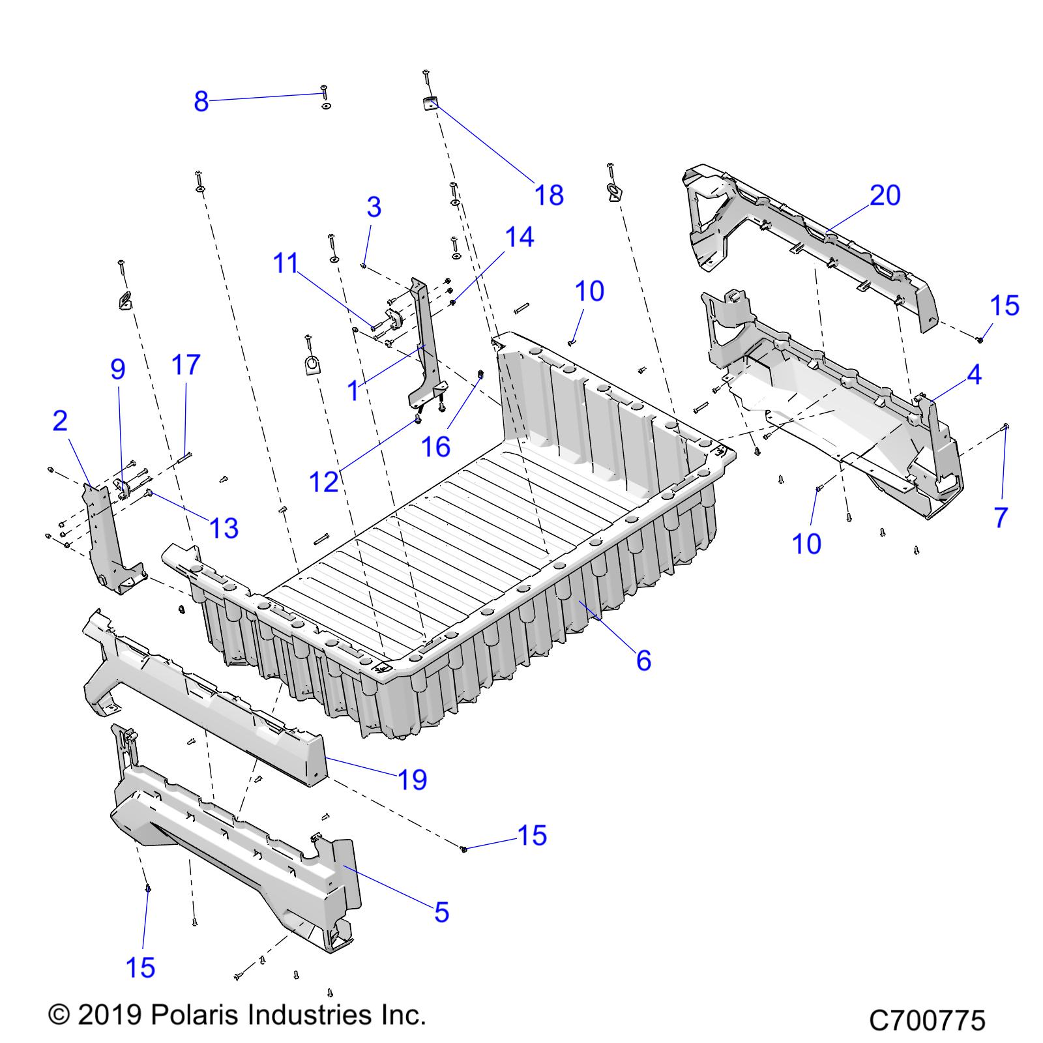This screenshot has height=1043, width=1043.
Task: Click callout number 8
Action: tap(201, 102)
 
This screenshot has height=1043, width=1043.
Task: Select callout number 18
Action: tap(549, 195)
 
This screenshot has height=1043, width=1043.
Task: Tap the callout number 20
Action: tap(885, 195)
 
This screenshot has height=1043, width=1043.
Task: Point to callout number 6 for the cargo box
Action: tap(643, 660)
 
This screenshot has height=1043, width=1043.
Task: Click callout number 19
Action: tap(412, 779)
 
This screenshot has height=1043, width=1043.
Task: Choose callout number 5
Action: tap(441, 912)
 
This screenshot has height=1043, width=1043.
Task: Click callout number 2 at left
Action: tap(60, 421)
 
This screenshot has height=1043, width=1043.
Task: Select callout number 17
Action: tap(186, 365)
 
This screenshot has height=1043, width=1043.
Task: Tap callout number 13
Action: tap(224, 528)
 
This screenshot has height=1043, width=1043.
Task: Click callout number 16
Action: tap(435, 447)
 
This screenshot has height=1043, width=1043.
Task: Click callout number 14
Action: tap(520, 237)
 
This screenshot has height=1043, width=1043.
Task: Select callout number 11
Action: tap(286, 263)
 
